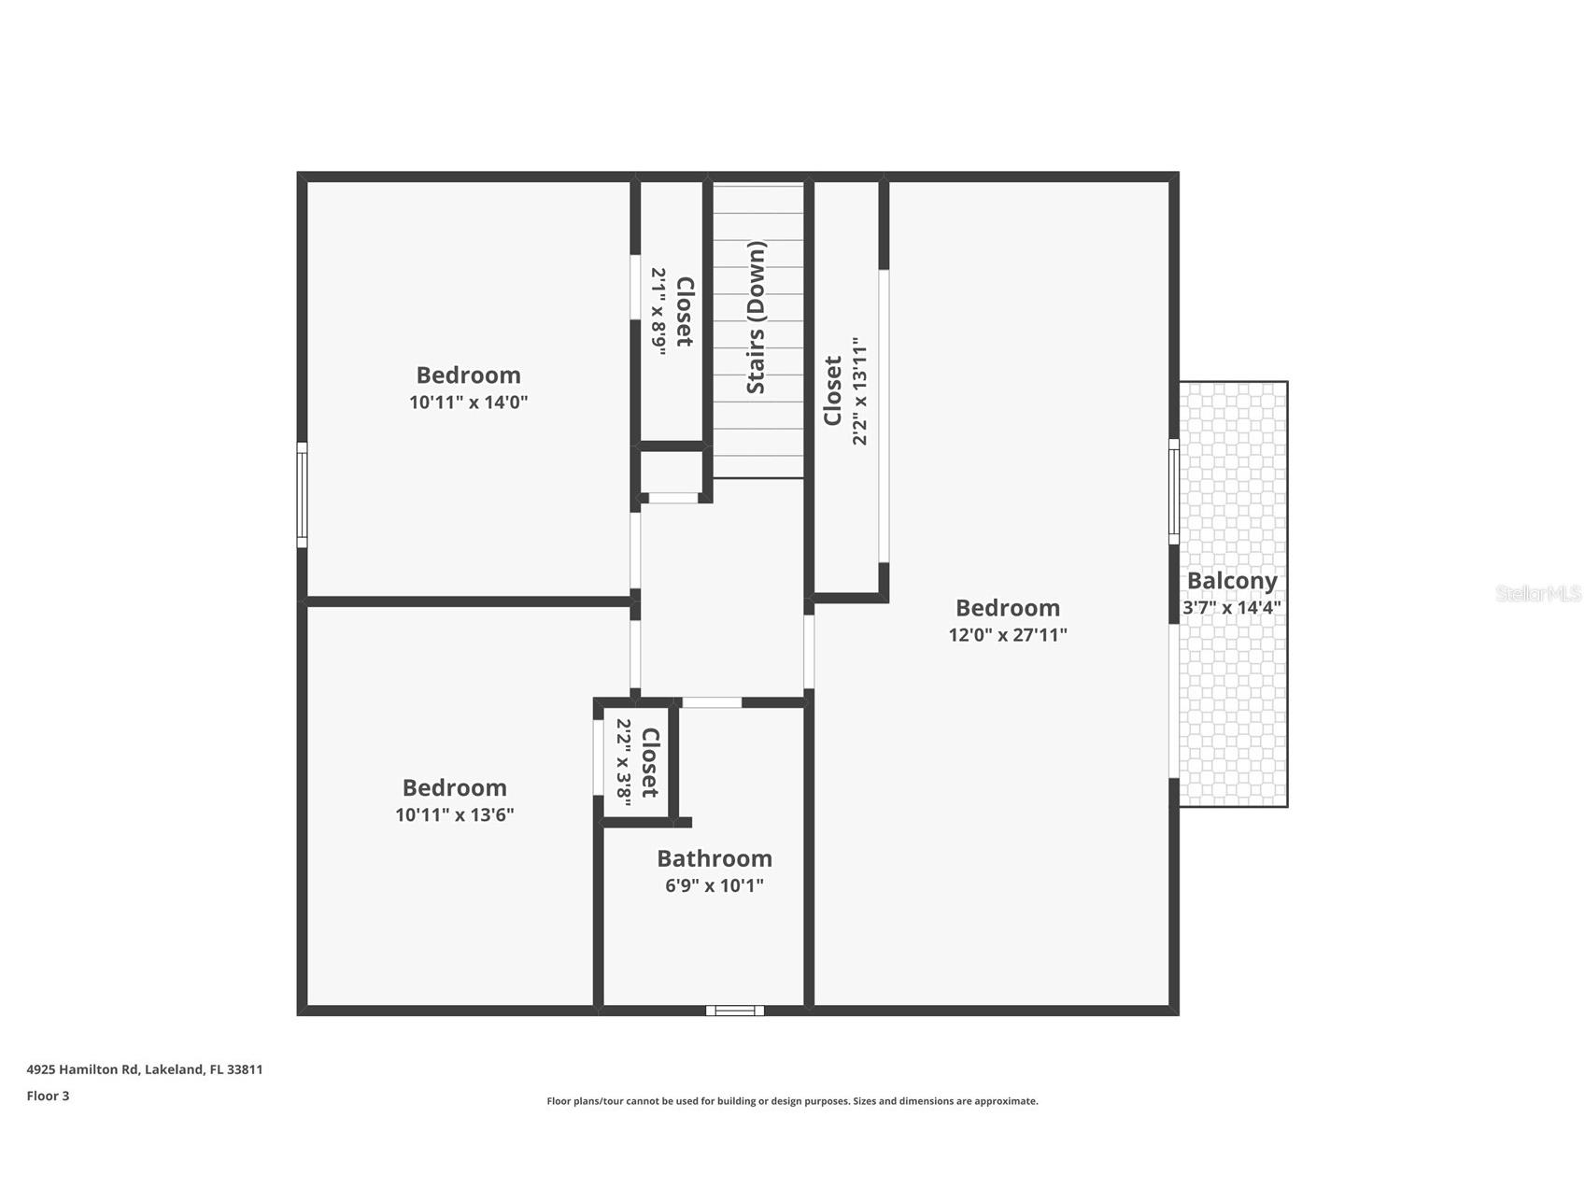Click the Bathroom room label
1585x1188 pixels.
(x=714, y=858)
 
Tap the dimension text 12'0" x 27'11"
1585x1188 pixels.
(x=1007, y=635)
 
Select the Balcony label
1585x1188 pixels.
(x=1231, y=581)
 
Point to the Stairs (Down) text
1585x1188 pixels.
(x=756, y=318)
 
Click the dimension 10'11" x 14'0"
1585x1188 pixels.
(x=468, y=403)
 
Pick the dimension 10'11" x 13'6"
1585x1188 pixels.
(x=454, y=814)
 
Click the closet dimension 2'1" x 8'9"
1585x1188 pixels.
(x=659, y=311)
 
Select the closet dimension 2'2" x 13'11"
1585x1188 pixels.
(x=860, y=391)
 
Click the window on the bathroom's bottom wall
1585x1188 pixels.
(x=734, y=1011)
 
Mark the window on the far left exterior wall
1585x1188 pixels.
(x=302, y=495)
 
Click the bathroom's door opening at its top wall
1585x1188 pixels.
(x=711, y=702)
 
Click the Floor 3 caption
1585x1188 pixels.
(x=48, y=1096)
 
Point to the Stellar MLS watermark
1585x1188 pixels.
(x=1537, y=593)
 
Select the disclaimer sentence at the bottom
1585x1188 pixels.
(x=792, y=1101)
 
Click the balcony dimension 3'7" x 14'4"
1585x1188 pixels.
(x=1231, y=607)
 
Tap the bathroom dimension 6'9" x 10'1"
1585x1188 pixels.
(x=714, y=885)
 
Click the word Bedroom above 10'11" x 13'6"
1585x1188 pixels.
(x=454, y=787)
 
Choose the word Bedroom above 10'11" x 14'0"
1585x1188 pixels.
(x=468, y=375)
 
